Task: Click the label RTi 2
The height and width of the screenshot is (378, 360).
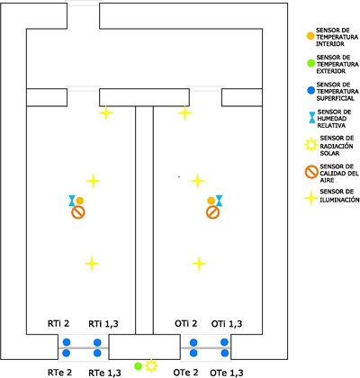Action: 58,324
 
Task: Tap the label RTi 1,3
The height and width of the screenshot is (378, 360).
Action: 103,324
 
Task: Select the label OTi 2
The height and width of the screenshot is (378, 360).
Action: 186,324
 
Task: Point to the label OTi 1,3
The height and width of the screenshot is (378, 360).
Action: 227,324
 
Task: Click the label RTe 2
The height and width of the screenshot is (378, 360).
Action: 59,373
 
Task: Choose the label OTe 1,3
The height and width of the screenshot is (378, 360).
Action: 227,373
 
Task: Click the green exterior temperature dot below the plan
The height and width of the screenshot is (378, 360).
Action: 138,366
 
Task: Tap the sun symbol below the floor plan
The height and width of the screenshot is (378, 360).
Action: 151,365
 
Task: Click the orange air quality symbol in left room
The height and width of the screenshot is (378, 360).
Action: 78,212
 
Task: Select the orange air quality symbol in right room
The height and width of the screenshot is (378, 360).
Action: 213,212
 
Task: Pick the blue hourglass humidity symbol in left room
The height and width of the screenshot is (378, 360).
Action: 72,201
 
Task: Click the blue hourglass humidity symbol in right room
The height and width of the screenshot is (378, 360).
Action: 220,201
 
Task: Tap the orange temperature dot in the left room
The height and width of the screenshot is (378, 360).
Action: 79,201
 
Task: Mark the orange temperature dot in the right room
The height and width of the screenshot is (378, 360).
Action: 211,201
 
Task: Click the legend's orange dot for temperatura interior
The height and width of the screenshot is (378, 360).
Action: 310,36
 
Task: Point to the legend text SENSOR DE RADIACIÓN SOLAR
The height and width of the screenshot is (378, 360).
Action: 332,146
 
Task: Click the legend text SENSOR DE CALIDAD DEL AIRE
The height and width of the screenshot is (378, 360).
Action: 337,173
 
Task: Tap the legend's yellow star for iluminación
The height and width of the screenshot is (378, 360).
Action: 311,198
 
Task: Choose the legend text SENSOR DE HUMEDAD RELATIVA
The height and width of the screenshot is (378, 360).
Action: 334,119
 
